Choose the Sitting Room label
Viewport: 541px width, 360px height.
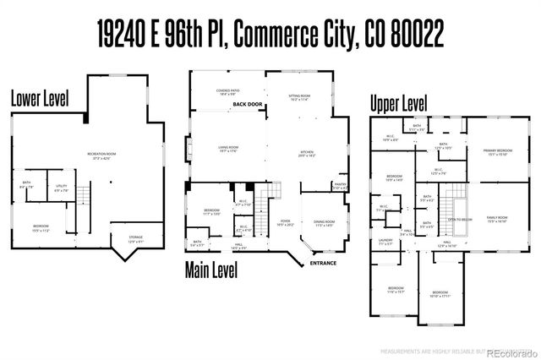pyautogui.click(x=302, y=95)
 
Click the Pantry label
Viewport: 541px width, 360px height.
pyautogui.click(x=341, y=186)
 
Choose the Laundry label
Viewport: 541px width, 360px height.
pyautogui.click(x=385, y=243)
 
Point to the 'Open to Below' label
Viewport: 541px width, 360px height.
pyautogui.click(x=460, y=219)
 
